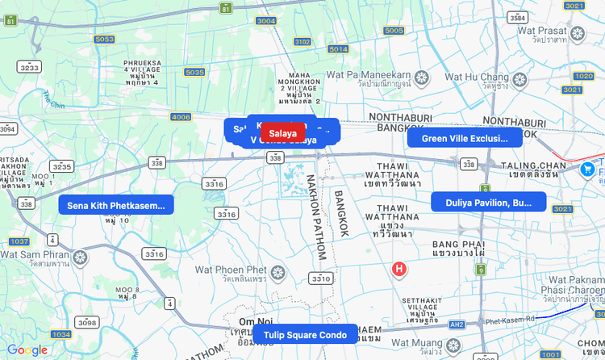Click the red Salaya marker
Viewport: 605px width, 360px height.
point(282,133)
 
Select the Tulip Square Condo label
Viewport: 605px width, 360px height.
point(305,334)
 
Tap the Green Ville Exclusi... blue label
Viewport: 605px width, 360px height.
point(464,138)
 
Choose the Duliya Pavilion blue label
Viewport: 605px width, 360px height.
point(488,203)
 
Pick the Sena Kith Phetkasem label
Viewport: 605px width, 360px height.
point(117,205)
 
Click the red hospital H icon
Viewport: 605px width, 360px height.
point(398,268)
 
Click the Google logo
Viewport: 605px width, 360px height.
point(27,350)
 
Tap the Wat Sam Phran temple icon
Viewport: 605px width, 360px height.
point(79,257)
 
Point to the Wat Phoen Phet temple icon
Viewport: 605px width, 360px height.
point(278,275)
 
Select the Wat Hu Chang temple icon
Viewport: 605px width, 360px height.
point(520,80)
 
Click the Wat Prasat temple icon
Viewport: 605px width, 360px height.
point(578,34)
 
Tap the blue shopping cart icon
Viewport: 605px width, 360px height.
point(588,170)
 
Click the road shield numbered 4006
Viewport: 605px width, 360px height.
point(181,117)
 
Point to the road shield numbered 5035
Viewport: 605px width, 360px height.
point(194,72)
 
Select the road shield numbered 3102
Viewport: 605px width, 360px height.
point(302,41)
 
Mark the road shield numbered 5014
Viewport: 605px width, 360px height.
point(338,48)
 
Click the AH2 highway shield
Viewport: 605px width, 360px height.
point(457,324)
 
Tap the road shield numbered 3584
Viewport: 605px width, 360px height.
point(518,17)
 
